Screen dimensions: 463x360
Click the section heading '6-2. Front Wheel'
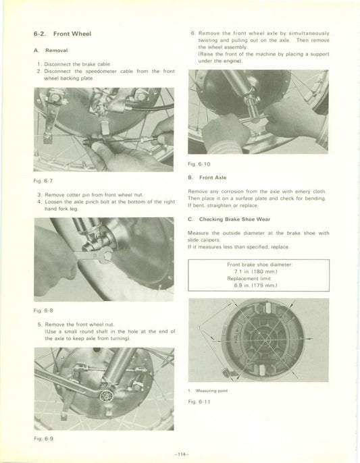tap(62, 34)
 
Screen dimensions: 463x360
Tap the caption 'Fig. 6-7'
tap(42, 181)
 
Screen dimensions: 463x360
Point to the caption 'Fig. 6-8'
tap(42, 311)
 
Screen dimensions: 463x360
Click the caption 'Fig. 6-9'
tap(42, 439)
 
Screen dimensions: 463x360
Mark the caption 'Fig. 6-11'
tap(201, 402)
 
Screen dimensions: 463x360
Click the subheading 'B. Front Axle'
tap(210, 178)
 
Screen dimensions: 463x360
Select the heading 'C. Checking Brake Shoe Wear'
tap(230, 219)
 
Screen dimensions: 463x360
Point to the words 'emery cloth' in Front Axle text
tap(310, 192)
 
